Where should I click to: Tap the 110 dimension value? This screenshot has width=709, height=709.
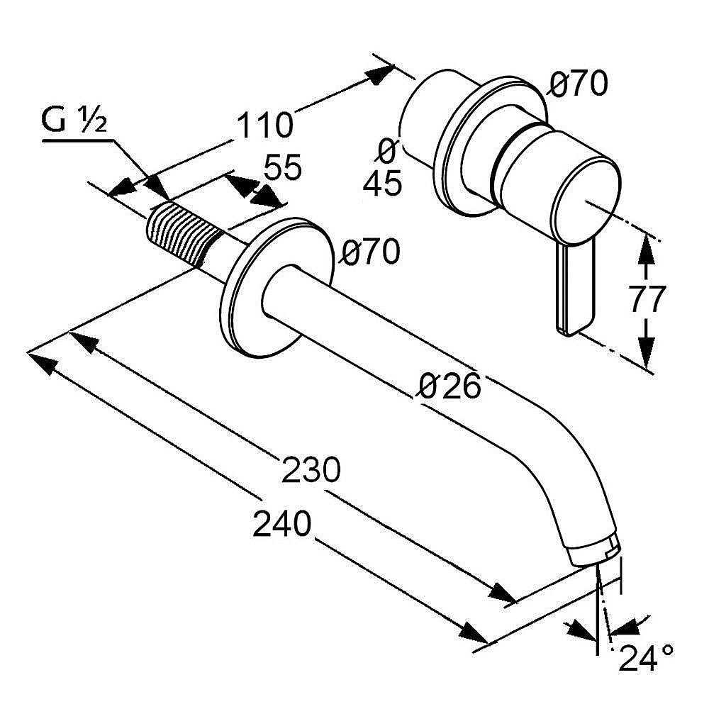[x=264, y=125]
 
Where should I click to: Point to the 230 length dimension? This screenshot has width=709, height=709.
[x=311, y=470]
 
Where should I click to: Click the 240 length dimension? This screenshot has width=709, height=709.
[x=282, y=525]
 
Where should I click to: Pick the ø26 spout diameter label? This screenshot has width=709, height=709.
[x=450, y=386]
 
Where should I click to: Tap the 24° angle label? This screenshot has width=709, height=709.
[x=646, y=659]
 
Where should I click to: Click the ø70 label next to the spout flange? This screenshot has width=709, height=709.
[x=369, y=252]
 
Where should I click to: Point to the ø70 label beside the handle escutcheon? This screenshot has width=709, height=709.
[x=579, y=85]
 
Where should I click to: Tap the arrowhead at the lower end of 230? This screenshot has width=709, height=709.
[x=505, y=594]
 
